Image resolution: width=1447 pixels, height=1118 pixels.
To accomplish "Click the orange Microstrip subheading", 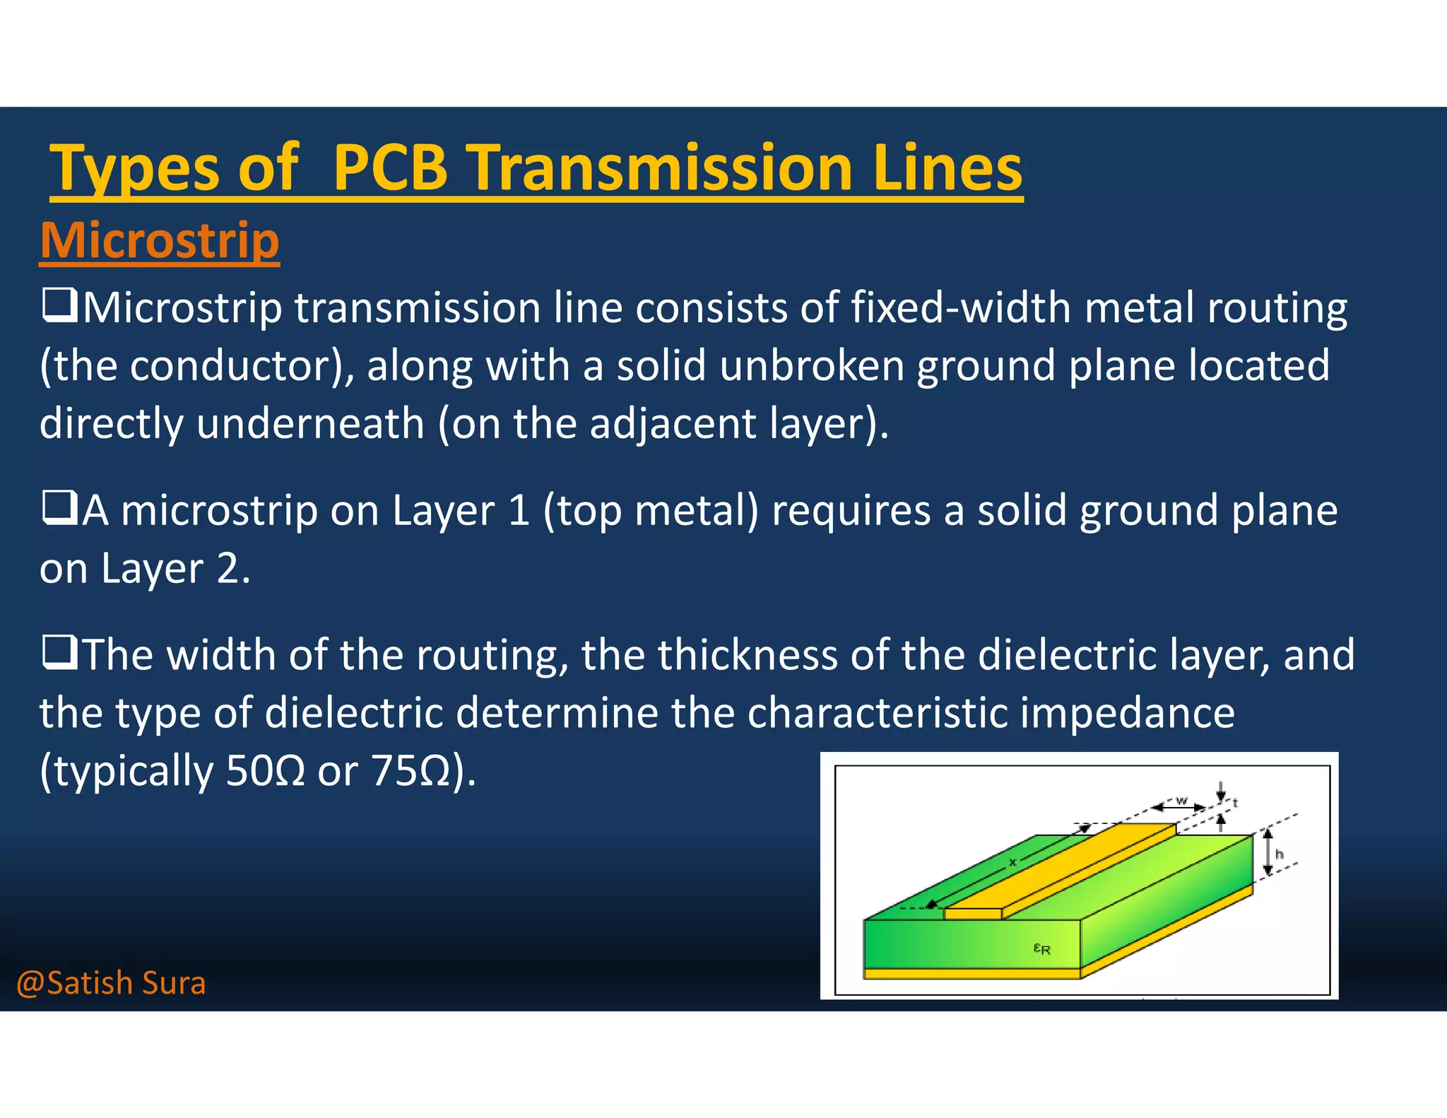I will [x=160, y=240].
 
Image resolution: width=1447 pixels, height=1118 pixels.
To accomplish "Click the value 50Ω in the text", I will [x=265, y=770].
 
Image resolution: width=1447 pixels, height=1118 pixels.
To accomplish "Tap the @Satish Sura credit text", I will [x=111, y=983].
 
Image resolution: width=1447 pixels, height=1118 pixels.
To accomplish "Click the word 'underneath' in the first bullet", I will [x=310, y=423].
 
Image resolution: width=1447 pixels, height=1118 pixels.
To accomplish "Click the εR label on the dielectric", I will [x=1042, y=949].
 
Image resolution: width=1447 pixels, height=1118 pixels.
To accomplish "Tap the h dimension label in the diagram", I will [x=1279, y=854].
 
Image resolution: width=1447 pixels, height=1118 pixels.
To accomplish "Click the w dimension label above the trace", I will [x=1181, y=800].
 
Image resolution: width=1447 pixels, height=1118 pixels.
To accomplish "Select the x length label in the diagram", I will [x=1012, y=862].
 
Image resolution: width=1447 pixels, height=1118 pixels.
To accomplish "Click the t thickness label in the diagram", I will [x=1235, y=803].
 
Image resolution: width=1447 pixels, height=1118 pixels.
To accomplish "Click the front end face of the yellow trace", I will [x=973, y=914].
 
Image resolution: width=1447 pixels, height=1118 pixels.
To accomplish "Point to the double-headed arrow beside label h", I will [x=1268, y=853].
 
